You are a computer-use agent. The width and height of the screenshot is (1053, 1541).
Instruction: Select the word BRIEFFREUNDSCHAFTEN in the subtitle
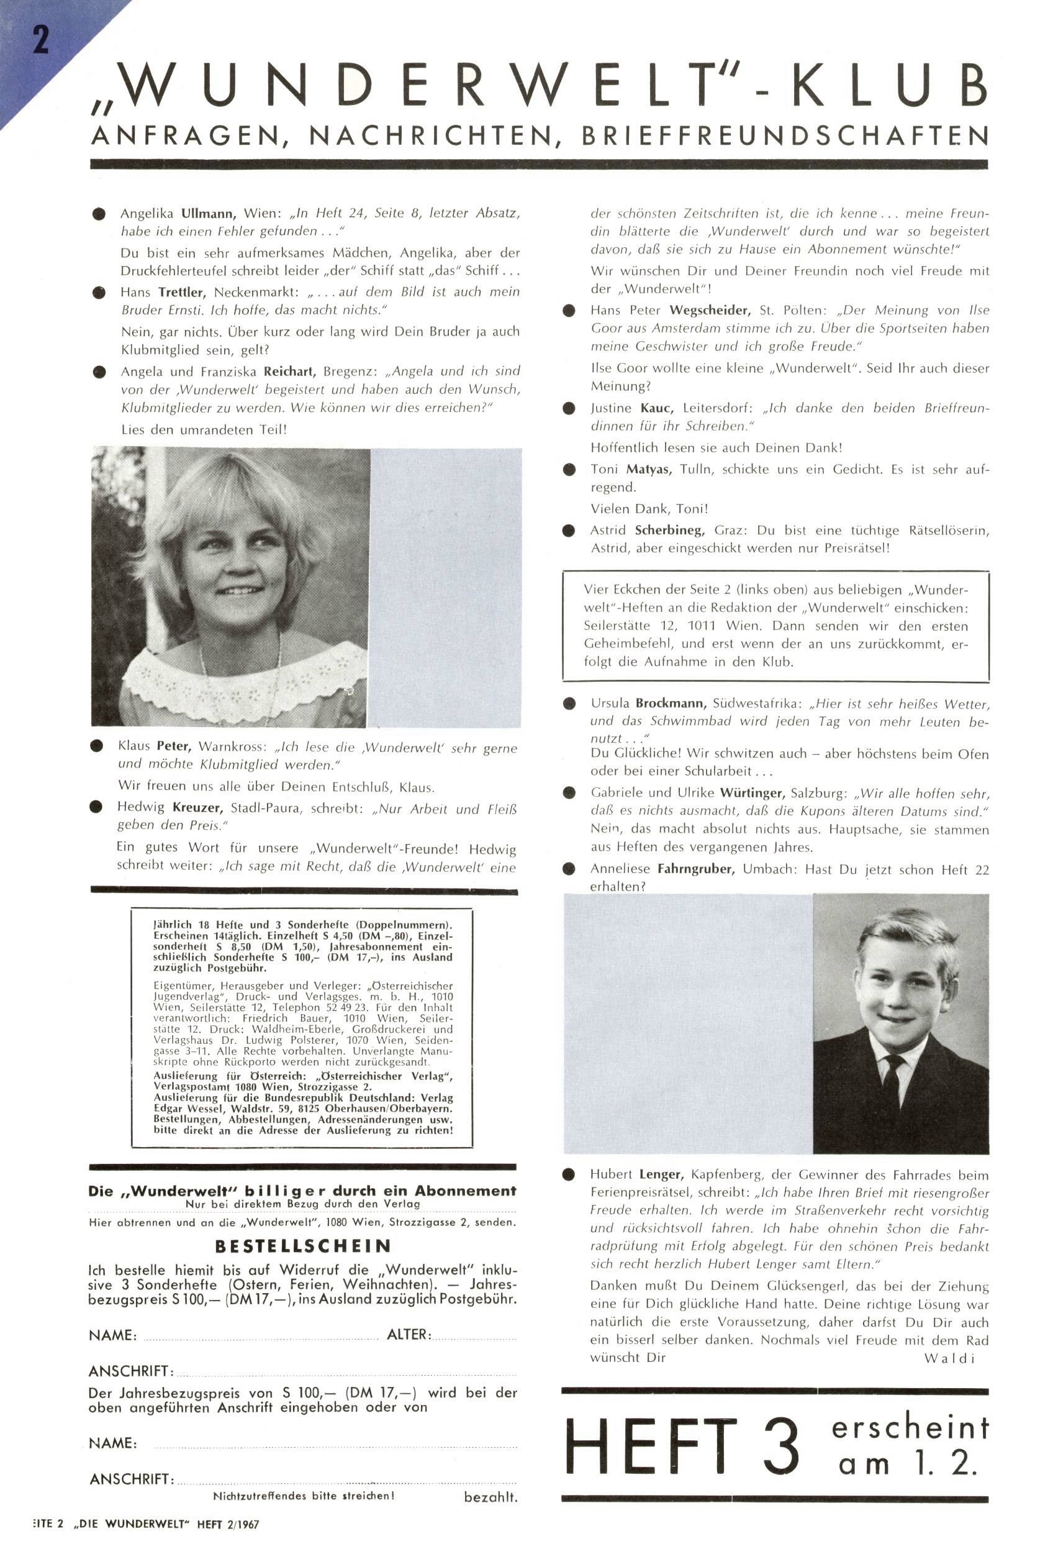(x=785, y=136)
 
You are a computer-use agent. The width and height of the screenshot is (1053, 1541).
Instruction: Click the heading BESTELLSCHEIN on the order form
(x=303, y=1246)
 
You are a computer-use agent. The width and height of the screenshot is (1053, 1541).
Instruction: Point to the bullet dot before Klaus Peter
(x=97, y=747)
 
